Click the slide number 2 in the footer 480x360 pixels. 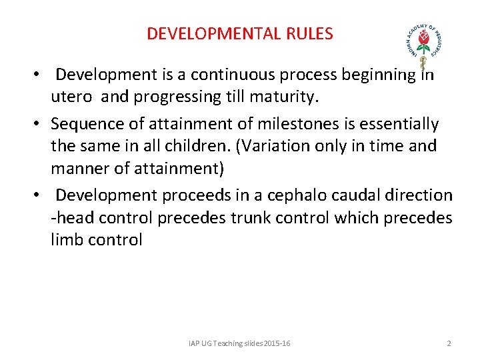[449, 343]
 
